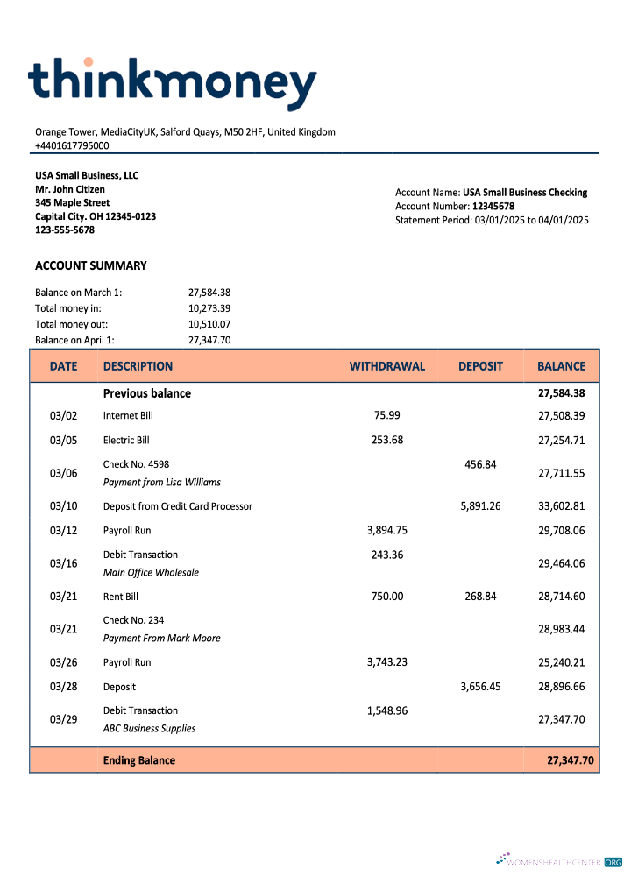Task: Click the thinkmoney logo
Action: coord(172,84)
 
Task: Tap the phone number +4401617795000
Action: coord(72,145)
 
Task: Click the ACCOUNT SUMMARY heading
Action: coord(91,265)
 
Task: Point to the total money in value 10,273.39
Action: coord(209,308)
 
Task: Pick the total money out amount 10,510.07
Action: coord(209,324)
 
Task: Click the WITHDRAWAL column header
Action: coord(386,366)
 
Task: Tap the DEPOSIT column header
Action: coord(480,366)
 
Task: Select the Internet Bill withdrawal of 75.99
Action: coord(386,415)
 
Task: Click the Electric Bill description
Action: coord(126,440)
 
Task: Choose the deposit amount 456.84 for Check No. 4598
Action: coord(480,464)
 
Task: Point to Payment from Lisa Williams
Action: coord(162,482)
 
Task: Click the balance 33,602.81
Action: coord(561,506)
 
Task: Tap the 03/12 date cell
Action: coord(63,531)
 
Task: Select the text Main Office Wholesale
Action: coord(151,572)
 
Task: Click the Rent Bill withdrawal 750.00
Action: coord(386,597)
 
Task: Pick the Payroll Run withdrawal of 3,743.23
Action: coord(386,662)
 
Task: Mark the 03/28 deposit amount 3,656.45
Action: coord(480,687)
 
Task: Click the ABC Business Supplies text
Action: coord(149,728)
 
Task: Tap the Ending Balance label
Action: coord(139,760)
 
